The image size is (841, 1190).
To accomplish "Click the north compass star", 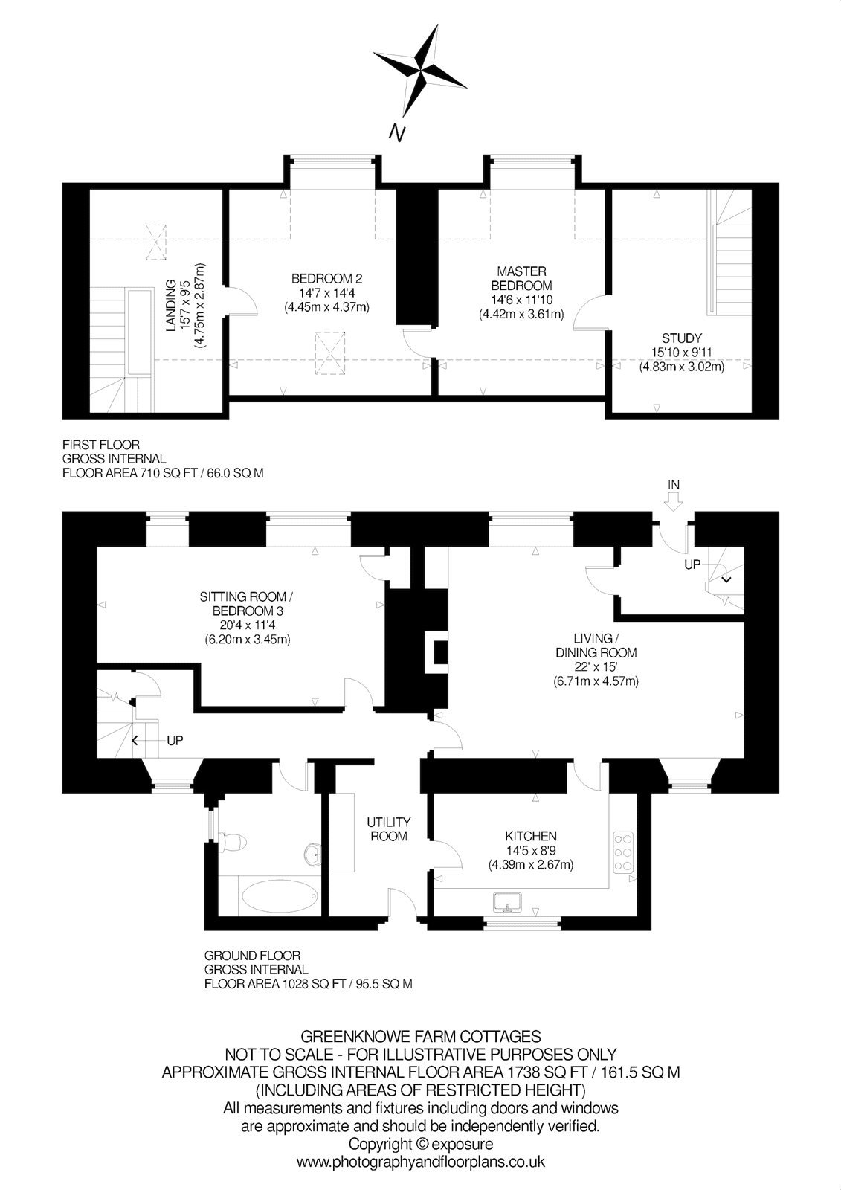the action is pyautogui.click(x=422, y=70).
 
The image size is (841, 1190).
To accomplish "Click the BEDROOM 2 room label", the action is pyautogui.click(x=326, y=278).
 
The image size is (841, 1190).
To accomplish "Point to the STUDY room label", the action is pyautogui.click(x=682, y=338).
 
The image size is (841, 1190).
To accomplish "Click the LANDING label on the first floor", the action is pyautogui.click(x=170, y=306).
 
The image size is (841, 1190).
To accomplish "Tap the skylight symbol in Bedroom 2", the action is pyautogui.click(x=330, y=353).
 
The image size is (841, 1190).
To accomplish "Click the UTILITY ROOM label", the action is pyautogui.click(x=389, y=829).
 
